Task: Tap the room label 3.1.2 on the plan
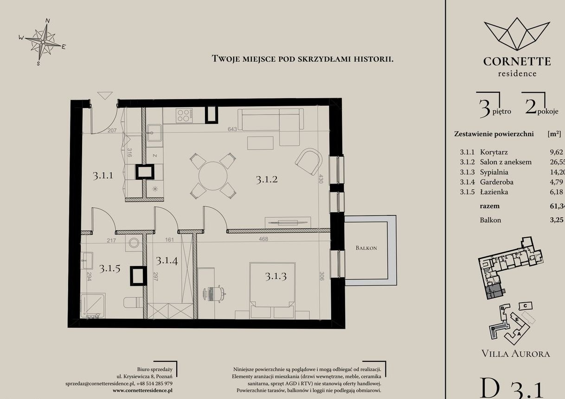266,179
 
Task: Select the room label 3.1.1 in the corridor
103,176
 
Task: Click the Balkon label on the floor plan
366,248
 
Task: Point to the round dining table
213,175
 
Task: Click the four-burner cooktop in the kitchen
184,115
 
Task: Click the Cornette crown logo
517,34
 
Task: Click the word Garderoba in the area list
497,182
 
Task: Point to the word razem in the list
490,206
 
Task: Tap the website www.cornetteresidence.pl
142,391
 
